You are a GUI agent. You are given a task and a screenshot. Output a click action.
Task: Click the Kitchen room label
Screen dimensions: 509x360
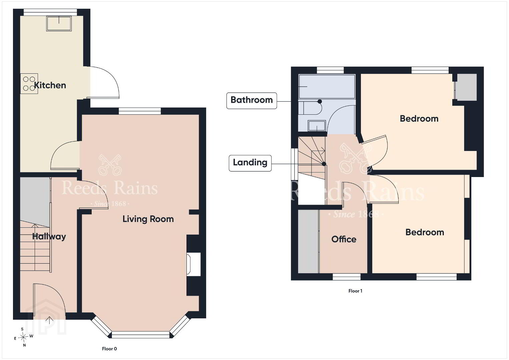[x=50, y=85]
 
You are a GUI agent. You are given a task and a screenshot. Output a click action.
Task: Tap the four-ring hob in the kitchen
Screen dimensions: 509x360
[x=29, y=84]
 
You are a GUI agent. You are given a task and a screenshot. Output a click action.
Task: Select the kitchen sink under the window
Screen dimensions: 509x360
[x=59, y=23]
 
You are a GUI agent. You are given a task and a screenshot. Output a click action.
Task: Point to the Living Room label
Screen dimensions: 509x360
[x=148, y=219]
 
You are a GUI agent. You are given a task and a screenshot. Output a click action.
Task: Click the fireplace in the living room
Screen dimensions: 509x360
[x=193, y=264]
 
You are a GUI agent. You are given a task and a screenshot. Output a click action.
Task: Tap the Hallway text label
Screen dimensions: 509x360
[x=49, y=237]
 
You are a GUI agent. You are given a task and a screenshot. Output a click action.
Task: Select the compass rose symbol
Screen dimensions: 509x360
[x=23, y=337]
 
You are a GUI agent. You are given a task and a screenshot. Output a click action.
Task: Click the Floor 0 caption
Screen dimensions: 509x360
[x=109, y=349]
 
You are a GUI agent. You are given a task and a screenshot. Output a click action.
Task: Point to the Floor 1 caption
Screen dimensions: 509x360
[x=355, y=291]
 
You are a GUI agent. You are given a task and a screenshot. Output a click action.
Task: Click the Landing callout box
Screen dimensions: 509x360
[x=250, y=163]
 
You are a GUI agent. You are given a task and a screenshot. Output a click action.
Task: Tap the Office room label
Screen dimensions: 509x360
[x=344, y=239]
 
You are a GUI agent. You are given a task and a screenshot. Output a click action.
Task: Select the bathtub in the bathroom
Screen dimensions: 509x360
[x=327, y=87]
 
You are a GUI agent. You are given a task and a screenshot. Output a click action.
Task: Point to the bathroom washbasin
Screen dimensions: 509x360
[x=317, y=126]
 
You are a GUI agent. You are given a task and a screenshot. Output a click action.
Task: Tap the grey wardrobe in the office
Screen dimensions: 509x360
[x=308, y=241]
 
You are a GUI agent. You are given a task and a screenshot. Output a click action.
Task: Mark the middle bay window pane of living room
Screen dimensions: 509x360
[x=141, y=335]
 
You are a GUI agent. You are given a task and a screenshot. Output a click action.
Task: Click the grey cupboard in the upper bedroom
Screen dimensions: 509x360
[x=467, y=87]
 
